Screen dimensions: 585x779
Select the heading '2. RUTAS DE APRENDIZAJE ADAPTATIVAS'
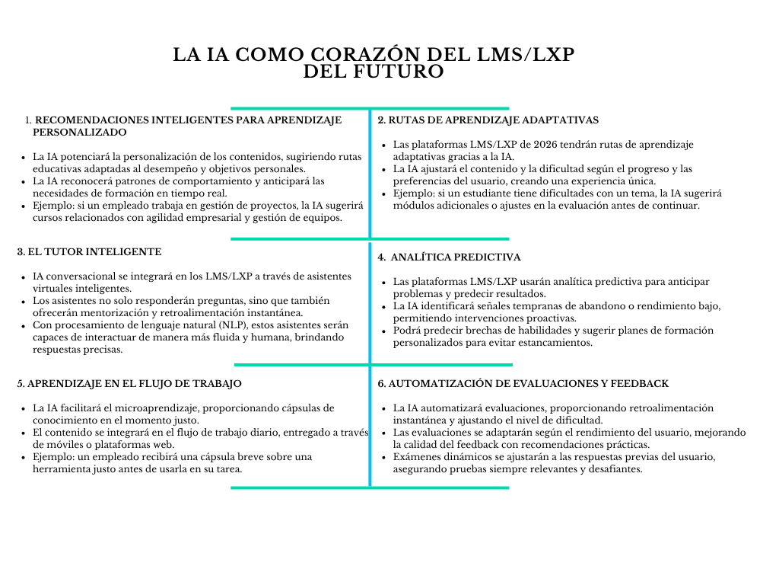[x=488, y=120]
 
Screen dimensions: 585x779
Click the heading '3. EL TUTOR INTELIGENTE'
[x=89, y=251]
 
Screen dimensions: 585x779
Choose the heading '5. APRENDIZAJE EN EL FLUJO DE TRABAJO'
[x=129, y=384]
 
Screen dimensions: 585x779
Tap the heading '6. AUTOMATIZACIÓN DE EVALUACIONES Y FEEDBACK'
[x=523, y=384]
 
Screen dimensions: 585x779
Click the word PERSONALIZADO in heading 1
[x=79, y=132]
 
